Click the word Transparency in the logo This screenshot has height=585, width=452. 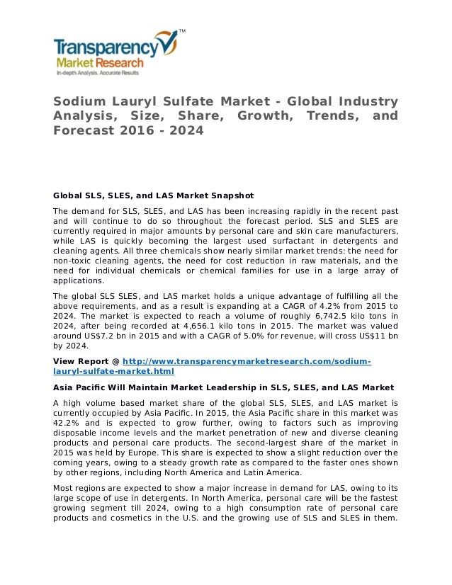click(x=106, y=49)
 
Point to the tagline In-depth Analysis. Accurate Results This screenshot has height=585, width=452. click(x=98, y=73)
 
